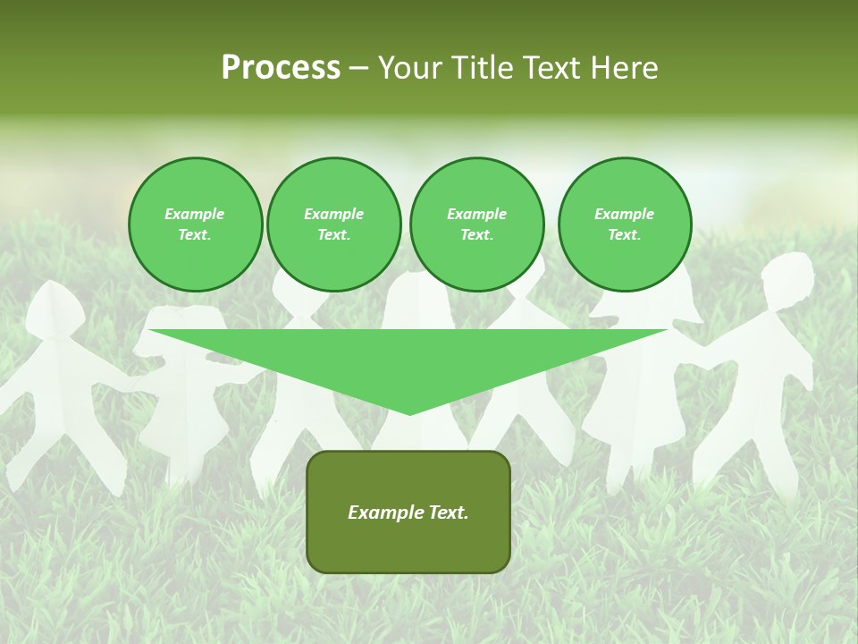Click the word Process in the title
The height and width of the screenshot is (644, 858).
(x=281, y=68)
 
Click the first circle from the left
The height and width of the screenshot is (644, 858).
(x=195, y=224)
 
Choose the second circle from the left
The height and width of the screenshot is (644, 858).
(x=333, y=224)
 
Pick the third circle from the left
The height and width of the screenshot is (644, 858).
(x=476, y=224)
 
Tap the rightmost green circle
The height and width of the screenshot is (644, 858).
(x=624, y=224)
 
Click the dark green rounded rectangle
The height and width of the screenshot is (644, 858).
(x=408, y=512)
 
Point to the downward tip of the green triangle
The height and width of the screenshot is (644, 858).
(x=409, y=412)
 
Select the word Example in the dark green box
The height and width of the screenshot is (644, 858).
(x=383, y=513)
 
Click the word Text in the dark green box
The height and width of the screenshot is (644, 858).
(x=449, y=513)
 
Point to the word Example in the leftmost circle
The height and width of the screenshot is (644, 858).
(x=195, y=214)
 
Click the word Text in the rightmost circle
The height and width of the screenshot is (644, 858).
(x=624, y=234)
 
